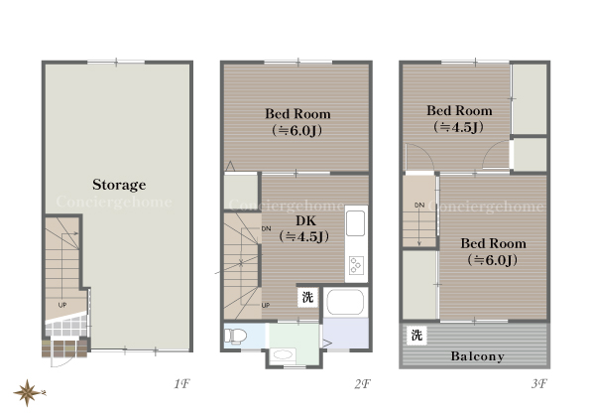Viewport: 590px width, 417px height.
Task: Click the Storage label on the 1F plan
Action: (x=119, y=185)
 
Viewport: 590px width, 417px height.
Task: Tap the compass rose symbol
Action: (x=28, y=393)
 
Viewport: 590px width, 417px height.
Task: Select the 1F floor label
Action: (x=181, y=384)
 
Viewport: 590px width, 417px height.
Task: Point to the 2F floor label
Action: (x=362, y=384)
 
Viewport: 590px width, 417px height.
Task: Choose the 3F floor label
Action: (x=539, y=384)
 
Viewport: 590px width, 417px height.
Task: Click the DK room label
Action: (x=304, y=228)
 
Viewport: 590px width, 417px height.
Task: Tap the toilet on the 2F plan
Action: (x=235, y=336)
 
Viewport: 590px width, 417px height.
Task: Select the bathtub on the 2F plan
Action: (x=345, y=302)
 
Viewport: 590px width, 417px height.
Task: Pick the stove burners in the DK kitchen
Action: (x=356, y=265)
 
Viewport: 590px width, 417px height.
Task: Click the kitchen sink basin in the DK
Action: (x=356, y=223)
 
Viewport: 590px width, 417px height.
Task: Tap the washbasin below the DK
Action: (x=283, y=354)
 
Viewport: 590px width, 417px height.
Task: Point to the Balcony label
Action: (x=478, y=356)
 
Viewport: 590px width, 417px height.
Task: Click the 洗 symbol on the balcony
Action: (x=416, y=336)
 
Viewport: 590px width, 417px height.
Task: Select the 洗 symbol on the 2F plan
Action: (x=308, y=298)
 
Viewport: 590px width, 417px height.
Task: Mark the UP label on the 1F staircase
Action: (x=62, y=305)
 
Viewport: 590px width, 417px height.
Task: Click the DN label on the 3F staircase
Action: (x=419, y=205)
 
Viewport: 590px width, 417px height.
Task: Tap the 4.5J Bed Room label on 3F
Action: (x=459, y=119)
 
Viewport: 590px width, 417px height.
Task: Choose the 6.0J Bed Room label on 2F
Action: (x=297, y=122)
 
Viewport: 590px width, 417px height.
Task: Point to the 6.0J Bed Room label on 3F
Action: (x=493, y=251)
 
